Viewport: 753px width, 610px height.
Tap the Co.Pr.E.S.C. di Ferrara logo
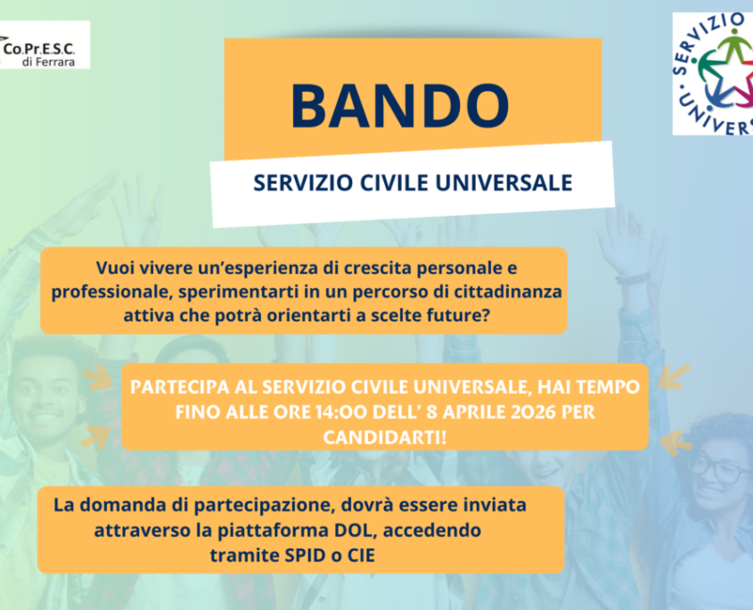pyautogui.click(x=45, y=45)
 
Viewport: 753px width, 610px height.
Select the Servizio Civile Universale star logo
pyautogui.click(x=713, y=73)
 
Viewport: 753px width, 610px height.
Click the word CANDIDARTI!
pyautogui.click(x=385, y=437)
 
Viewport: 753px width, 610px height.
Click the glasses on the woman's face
pyautogui.click(x=719, y=469)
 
